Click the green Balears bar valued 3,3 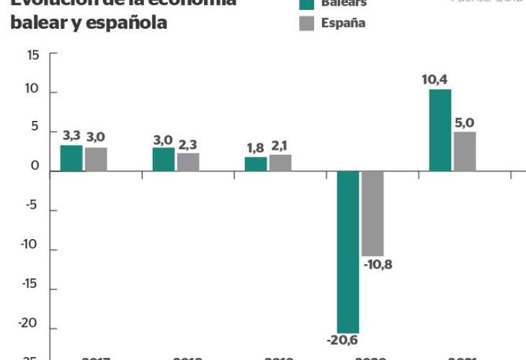coord(71,158)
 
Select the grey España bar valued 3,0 coord(96,159)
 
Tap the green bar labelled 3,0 coord(164,159)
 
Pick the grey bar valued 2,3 coord(188,162)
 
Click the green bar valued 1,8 coord(256,164)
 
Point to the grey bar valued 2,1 coord(280,163)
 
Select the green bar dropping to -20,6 coord(348,252)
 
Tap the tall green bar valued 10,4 coord(440,130)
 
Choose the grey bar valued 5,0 coord(465,151)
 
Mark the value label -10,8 coord(378,264)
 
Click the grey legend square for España coord(306,23)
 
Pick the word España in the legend coord(343,23)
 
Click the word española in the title coord(124,23)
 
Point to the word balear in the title coord(35,23)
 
